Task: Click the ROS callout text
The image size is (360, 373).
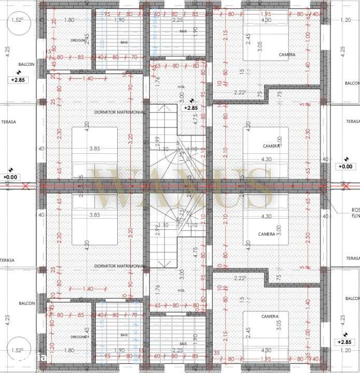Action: pos(355,210)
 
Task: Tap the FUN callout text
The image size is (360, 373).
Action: pos(355,216)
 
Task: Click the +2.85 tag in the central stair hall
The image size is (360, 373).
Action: pos(190,108)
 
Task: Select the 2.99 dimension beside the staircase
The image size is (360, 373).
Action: pos(157,144)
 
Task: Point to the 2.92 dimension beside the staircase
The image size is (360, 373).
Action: pos(157,230)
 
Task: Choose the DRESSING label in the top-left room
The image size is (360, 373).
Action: pos(78,40)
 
